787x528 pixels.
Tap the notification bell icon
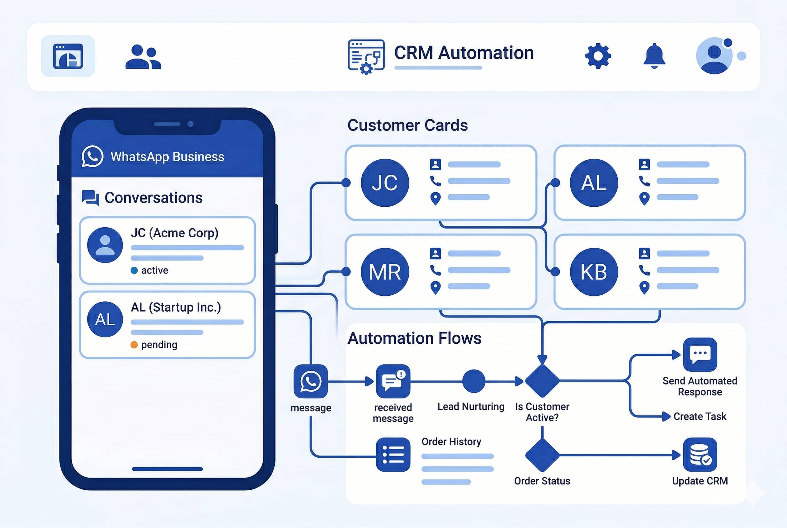(654, 55)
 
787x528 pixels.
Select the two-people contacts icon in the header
(143, 57)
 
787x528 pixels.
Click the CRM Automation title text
(464, 53)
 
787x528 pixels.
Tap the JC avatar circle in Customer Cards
(384, 183)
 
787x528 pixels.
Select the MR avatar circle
(384, 272)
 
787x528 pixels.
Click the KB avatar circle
(594, 272)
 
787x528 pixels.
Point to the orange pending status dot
(134, 345)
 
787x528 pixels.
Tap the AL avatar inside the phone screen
(105, 319)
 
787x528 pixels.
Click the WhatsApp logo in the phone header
(92, 156)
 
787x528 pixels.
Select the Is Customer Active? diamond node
(542, 381)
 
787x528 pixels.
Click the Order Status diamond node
(542, 455)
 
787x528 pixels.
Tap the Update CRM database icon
(700, 455)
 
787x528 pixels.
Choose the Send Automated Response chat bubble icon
(700, 354)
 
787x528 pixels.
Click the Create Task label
(700, 417)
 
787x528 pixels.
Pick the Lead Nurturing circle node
(474, 381)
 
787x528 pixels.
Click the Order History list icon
(393, 455)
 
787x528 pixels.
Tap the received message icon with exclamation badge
(393, 381)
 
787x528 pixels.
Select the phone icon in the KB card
(644, 270)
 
